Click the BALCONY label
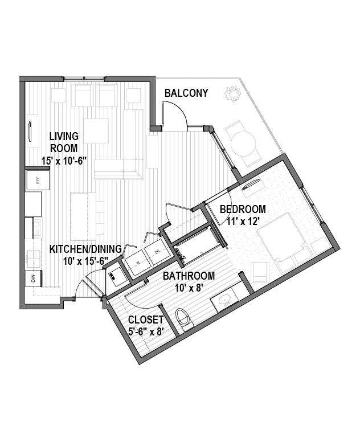click(186, 93)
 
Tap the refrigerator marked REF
click(38, 180)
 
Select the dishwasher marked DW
click(33, 278)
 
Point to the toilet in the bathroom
click(184, 319)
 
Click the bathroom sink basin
click(225, 300)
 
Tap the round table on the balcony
click(243, 144)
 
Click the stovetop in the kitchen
click(38, 227)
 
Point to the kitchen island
click(83, 217)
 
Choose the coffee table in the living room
click(96, 131)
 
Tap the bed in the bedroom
click(283, 241)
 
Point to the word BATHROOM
click(189, 276)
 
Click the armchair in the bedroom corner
click(260, 272)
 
